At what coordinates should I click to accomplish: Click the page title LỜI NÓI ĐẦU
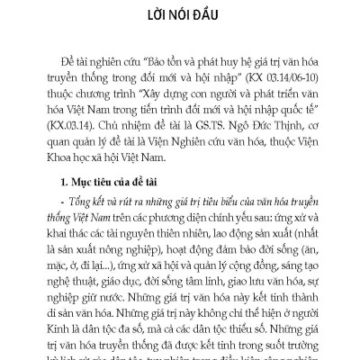180,14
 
